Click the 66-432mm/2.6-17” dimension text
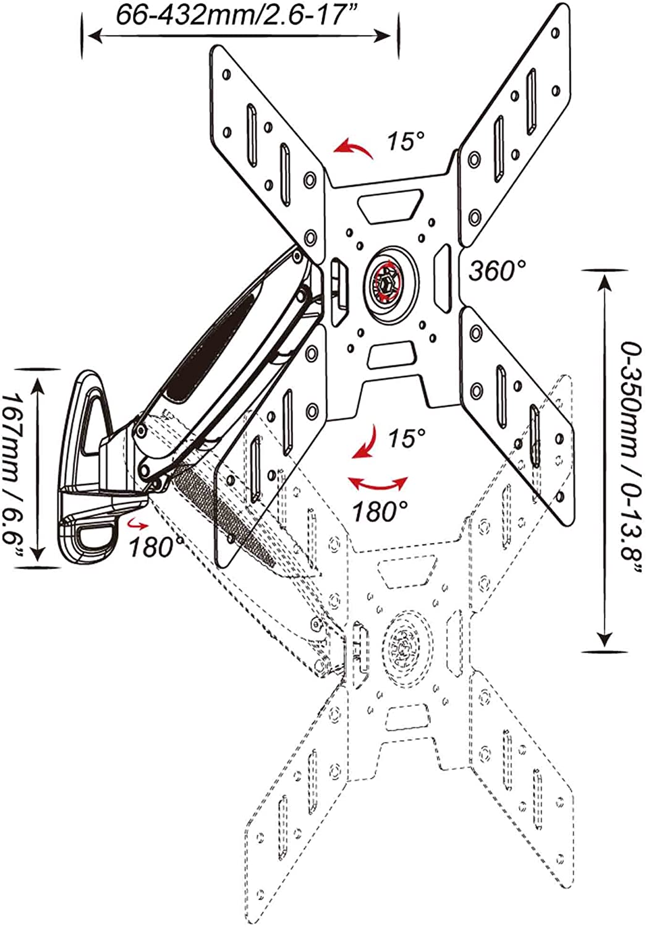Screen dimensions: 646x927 pyautogui.click(x=236, y=16)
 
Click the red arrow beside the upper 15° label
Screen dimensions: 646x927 pyautogui.click(x=354, y=148)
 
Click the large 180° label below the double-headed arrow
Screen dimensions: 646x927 pyautogui.click(x=380, y=510)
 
